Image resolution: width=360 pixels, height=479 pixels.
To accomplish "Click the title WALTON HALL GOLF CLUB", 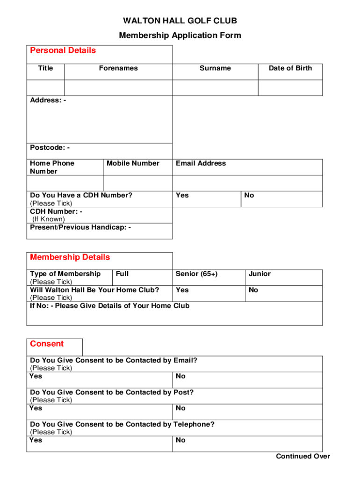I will [x=180, y=21].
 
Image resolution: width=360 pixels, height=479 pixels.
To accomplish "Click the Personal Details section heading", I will [x=63, y=51].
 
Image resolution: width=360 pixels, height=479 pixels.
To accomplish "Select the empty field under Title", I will [x=45, y=88].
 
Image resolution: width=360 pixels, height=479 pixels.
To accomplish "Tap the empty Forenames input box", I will [x=118, y=88].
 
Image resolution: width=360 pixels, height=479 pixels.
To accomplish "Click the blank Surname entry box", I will [x=215, y=88].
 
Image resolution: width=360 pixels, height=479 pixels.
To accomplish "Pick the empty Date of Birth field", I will [x=290, y=88].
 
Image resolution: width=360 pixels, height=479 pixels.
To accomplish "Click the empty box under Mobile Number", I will [x=137, y=183].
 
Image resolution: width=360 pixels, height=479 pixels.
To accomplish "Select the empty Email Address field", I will [x=247, y=183].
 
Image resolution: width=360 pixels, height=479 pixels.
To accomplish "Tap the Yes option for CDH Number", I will [x=207, y=199].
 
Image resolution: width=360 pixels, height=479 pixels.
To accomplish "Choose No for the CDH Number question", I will [x=282, y=199].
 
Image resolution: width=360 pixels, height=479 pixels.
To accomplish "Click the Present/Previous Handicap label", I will [x=80, y=227].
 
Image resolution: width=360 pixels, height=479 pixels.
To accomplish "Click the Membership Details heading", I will [x=70, y=257].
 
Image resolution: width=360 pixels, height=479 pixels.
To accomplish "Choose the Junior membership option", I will [x=284, y=277].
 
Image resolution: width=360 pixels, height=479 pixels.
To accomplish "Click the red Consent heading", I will [x=47, y=344].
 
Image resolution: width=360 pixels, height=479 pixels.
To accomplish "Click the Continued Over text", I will [x=303, y=457].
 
